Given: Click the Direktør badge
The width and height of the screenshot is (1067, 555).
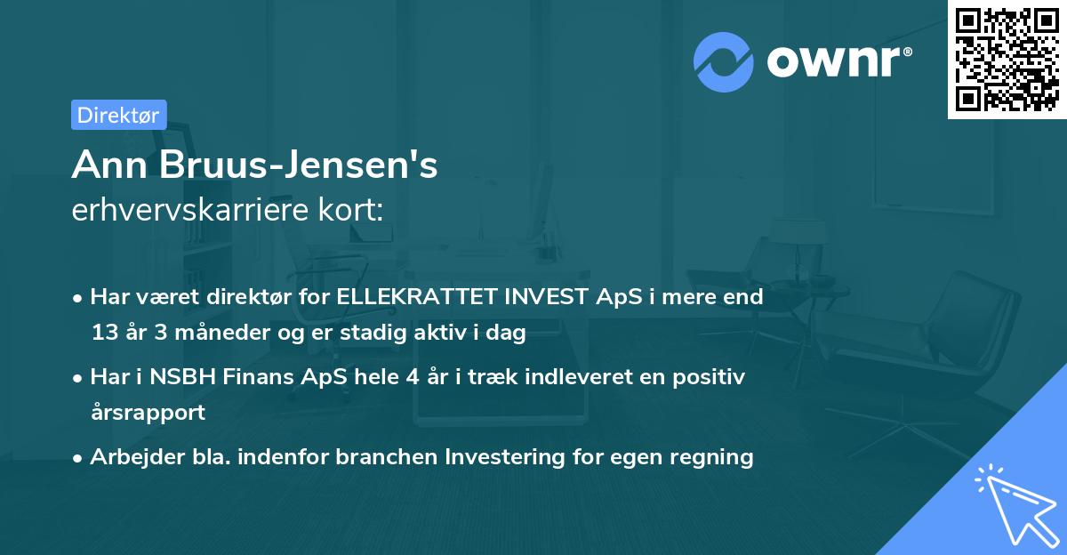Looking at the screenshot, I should pyautogui.click(x=118, y=115).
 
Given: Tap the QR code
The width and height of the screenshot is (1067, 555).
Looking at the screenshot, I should pyautogui.click(x=1007, y=59).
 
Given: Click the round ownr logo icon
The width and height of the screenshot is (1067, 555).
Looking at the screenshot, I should pyautogui.click(x=725, y=61).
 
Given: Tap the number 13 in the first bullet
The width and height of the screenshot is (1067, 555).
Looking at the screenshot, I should pyautogui.click(x=104, y=334).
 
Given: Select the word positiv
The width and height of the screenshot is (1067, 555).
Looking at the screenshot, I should pyautogui.click(x=712, y=376).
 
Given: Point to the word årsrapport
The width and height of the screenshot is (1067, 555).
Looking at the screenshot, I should pyautogui.click(x=148, y=413).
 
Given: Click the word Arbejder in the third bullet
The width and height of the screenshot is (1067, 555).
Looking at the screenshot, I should pyautogui.click(x=130, y=457).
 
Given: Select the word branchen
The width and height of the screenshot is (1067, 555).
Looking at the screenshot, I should pyautogui.click(x=388, y=457).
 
